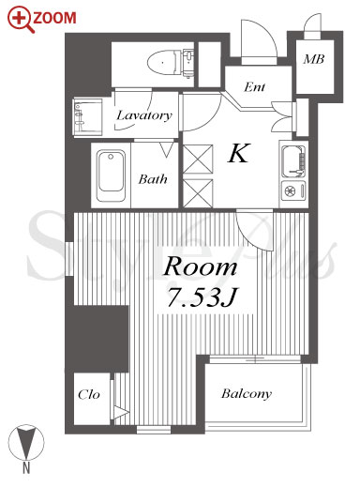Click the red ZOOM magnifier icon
pos(21,20)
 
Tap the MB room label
pos(314,59)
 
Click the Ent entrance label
pos(255,86)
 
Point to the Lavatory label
pos(144,115)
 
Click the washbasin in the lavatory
pos(88,117)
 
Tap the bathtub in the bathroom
pos(111,175)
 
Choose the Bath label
pos(153,179)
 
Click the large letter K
pos(239,153)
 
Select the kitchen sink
pos(293,161)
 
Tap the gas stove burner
pos(291,190)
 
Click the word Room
pos(201,266)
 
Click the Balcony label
pos(247,394)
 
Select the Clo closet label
pos(89,394)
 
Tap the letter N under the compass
pos(26,468)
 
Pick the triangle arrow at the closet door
pos(121,413)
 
